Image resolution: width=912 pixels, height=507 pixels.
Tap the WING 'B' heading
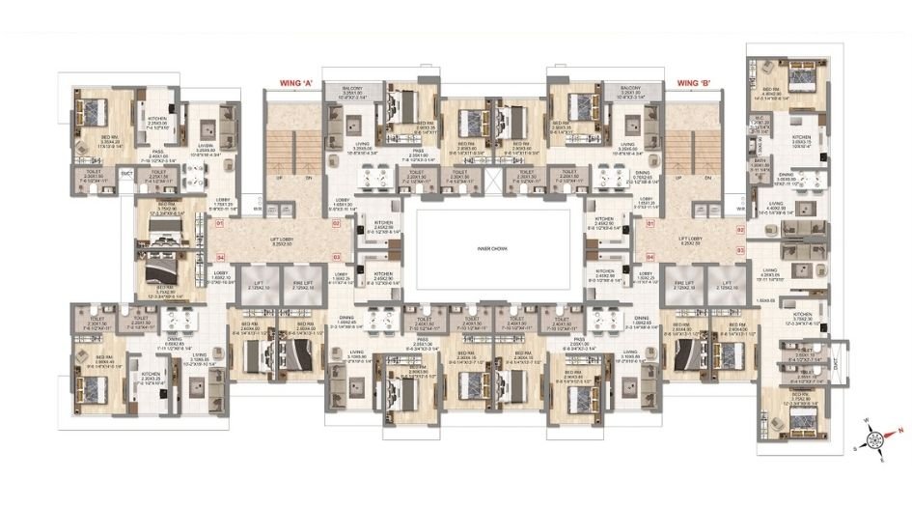[697, 83]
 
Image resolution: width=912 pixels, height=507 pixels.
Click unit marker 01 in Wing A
[220, 224]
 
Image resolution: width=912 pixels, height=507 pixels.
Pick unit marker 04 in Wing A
[220, 257]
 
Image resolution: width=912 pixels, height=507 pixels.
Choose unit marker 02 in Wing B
[740, 230]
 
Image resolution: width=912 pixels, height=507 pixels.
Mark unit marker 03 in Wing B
[740, 249]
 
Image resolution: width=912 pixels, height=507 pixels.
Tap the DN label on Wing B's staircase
[709, 179]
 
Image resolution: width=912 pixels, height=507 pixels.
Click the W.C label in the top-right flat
[760, 119]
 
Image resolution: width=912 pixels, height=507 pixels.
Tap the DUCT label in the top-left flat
[126, 173]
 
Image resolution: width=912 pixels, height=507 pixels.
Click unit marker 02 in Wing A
[338, 224]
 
